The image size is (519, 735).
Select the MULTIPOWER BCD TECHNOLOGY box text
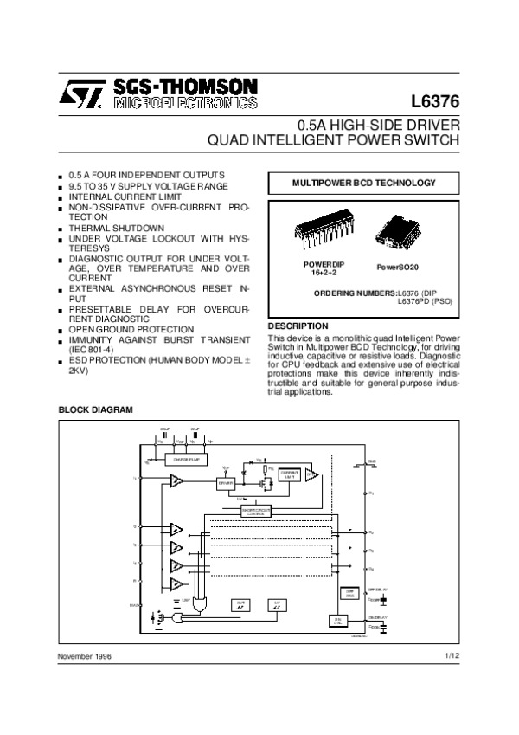363,183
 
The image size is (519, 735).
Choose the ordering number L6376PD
413,301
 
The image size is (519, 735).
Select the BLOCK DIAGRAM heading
95,409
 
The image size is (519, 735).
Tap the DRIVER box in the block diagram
227,483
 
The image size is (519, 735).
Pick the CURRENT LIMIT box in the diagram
290,474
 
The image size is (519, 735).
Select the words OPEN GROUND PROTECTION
131,329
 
